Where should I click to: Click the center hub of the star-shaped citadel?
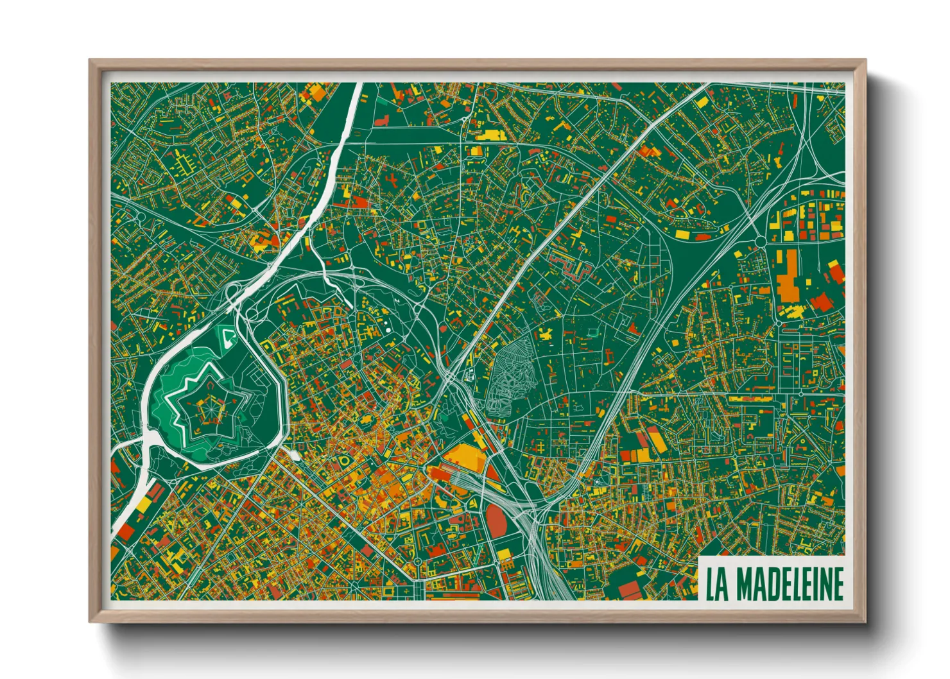tap(209, 406)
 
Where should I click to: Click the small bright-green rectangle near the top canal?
tap(381, 102)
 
